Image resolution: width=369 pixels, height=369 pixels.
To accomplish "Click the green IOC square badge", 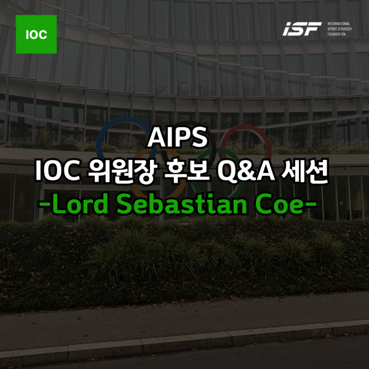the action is point(36,34).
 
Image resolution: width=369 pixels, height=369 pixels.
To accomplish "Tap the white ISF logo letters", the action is point(302,29).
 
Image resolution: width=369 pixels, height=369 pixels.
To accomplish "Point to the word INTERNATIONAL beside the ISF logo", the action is point(339,24).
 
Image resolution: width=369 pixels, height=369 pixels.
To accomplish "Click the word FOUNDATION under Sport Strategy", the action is point(337,34).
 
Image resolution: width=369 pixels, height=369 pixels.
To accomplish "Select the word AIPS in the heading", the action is point(178,137).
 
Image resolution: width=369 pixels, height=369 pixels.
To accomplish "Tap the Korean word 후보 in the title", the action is point(186,170).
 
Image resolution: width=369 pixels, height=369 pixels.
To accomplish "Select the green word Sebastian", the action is point(182,204).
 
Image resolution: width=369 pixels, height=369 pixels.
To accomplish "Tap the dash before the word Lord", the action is point(45,206).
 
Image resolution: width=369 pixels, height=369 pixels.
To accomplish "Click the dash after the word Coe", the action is point(310,206).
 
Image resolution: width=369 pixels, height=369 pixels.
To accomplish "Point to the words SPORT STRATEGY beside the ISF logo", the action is point(339,29).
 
